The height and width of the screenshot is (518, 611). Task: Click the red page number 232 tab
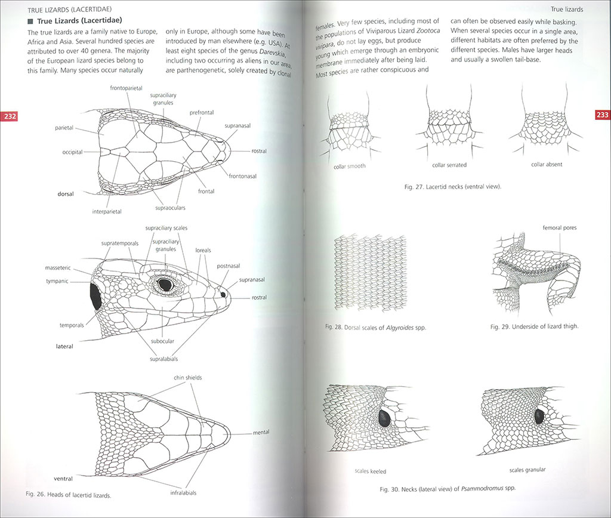click(10, 116)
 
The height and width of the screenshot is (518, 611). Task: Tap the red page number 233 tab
click(601, 115)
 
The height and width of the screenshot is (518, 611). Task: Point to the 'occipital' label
click(72, 152)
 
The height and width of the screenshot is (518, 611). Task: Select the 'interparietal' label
click(107, 211)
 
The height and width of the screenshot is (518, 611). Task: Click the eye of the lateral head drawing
click(164, 285)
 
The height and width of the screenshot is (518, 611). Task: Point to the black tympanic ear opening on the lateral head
click(94, 297)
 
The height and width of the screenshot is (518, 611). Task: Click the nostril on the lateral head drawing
click(223, 294)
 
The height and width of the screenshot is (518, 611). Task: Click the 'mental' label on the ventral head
click(261, 432)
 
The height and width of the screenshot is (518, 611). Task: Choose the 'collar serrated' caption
click(449, 165)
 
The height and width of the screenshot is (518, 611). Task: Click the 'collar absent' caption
click(547, 164)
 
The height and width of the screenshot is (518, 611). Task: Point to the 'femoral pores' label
click(560, 228)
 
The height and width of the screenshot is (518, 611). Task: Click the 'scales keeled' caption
click(370, 471)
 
